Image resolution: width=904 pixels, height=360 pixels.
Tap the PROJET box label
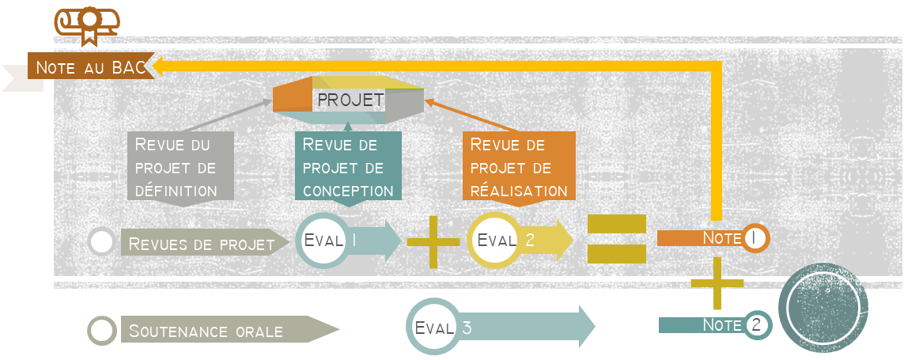(350, 100)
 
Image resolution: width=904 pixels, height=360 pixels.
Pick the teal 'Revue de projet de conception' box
(348, 166)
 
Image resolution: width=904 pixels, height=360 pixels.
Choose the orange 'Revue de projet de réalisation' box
(518, 166)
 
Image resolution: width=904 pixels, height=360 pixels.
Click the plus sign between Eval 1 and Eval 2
(433, 241)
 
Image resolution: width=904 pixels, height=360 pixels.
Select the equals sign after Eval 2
(616, 239)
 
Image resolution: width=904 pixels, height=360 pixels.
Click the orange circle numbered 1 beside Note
(755, 237)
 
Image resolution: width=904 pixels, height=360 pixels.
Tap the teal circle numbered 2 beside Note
(758, 324)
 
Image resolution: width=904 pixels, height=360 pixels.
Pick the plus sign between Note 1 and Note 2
(717, 282)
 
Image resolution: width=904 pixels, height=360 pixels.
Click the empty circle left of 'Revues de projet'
(101, 241)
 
